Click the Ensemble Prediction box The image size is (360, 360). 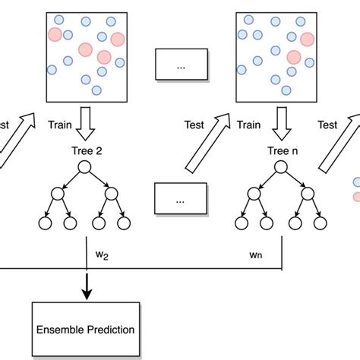pyautogui.click(x=85, y=330)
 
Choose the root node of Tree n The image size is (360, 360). pyautogui.click(x=282, y=168)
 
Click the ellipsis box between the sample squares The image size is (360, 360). pyautogui.click(x=181, y=66)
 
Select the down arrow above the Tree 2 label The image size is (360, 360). pyautogui.click(x=85, y=121)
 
